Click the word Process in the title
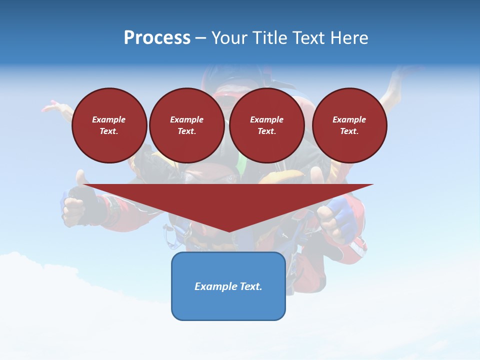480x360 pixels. (x=157, y=38)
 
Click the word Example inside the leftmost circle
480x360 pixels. (x=109, y=119)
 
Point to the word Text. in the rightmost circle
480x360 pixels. (x=349, y=131)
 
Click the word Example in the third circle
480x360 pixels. (x=266, y=119)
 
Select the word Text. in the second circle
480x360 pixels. (x=186, y=131)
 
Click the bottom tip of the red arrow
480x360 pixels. (x=229, y=230)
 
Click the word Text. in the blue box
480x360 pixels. (x=250, y=286)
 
